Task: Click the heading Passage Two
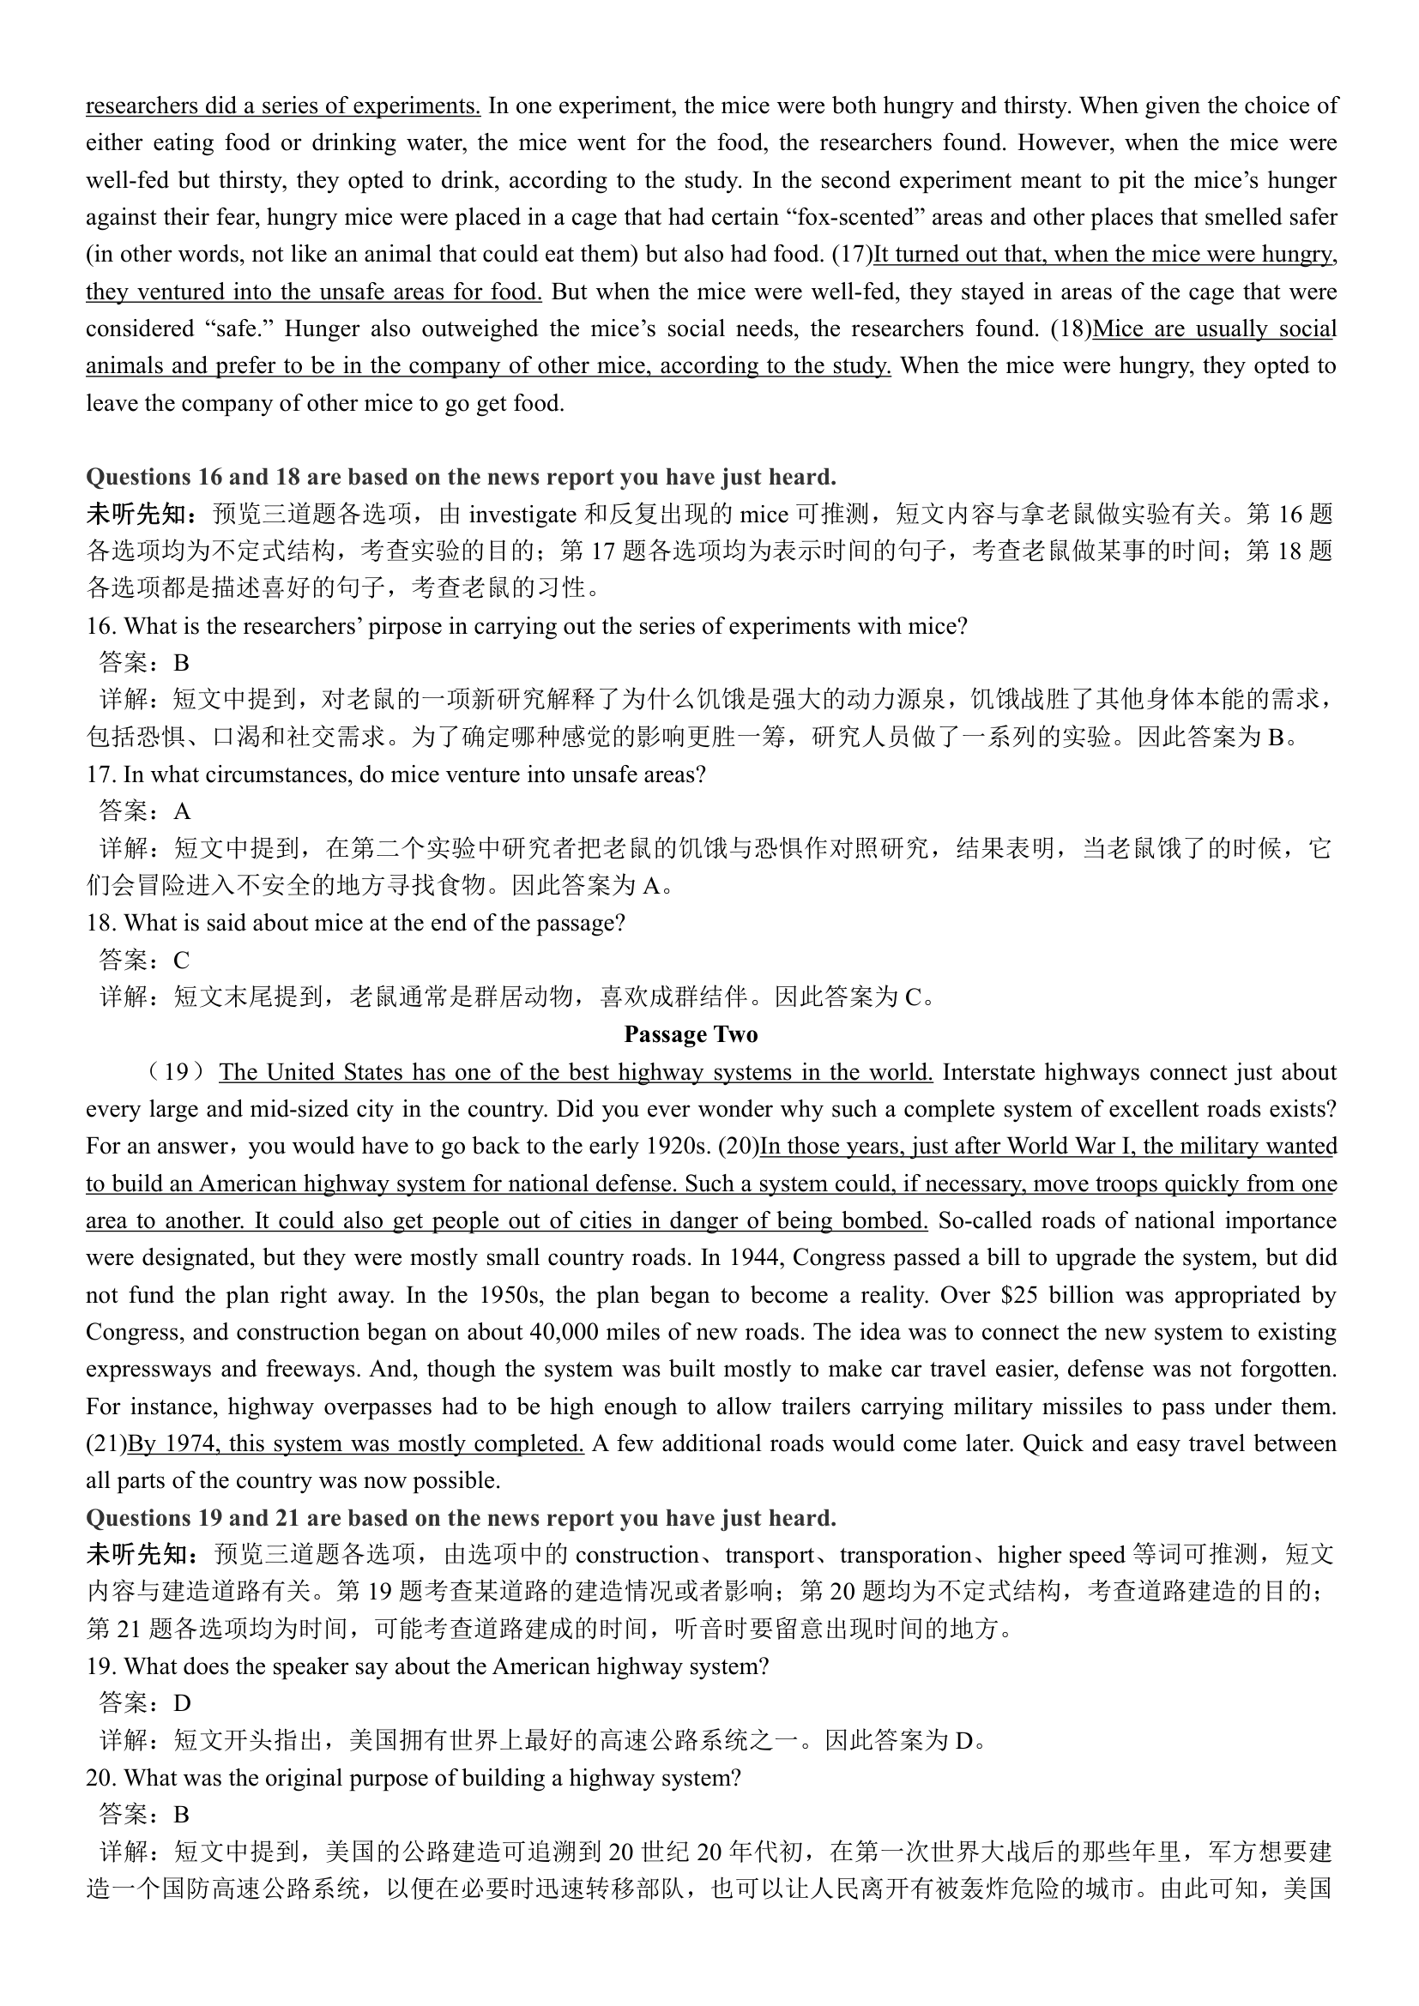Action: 691,1034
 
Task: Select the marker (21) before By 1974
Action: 106,1443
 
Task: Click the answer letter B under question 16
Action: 181,663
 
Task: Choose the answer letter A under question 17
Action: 181,811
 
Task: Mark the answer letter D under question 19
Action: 181,1703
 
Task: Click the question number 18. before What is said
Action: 101,923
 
